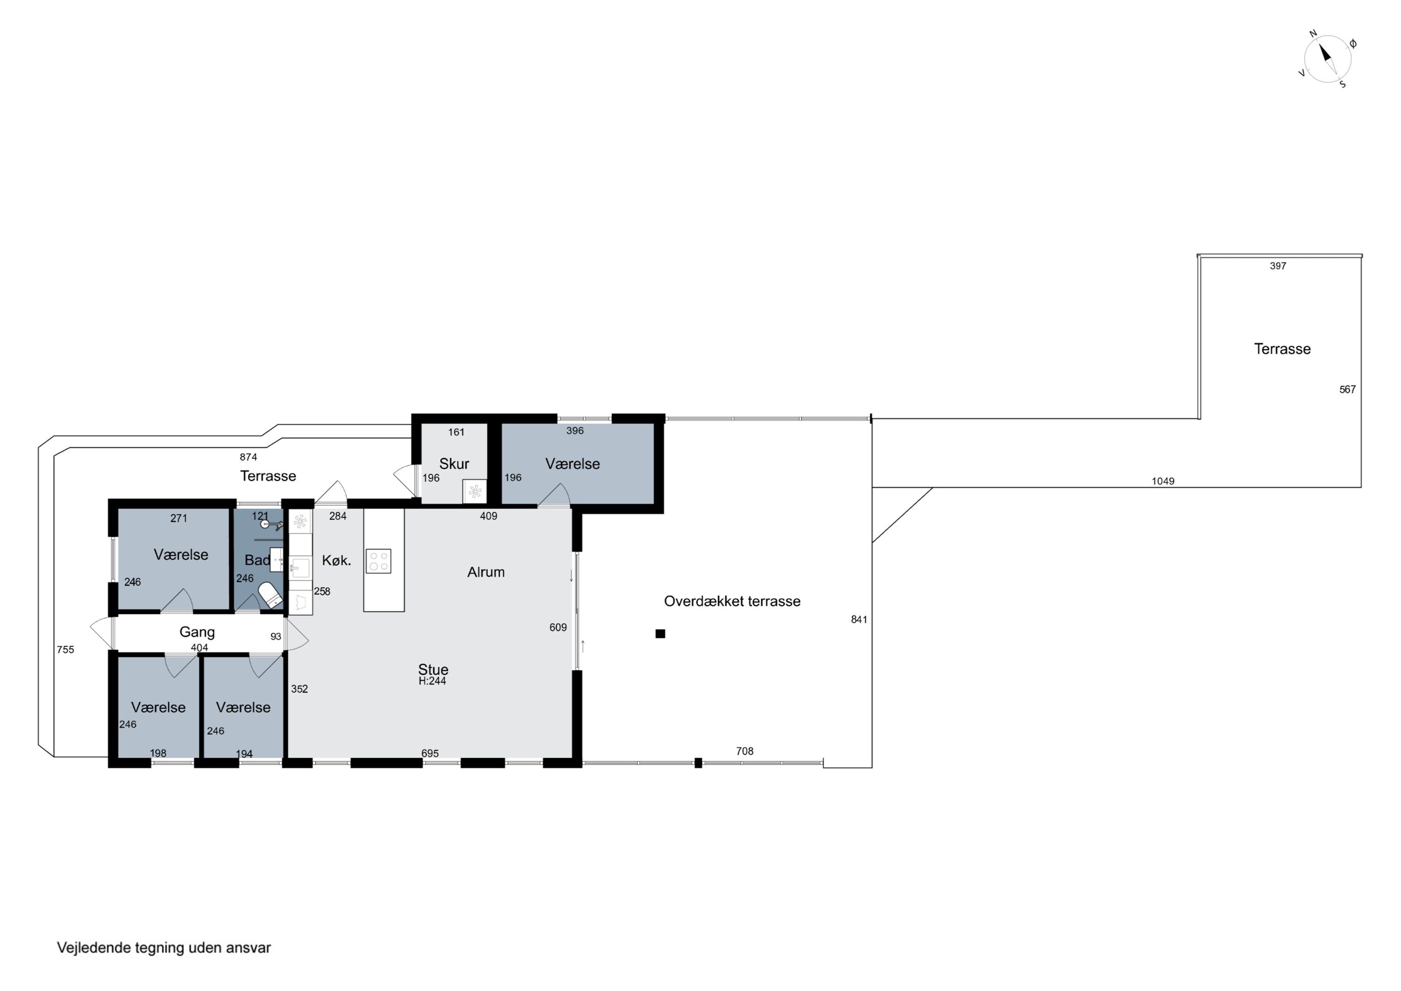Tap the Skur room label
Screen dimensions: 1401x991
[x=454, y=463]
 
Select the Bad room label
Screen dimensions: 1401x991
[x=257, y=560]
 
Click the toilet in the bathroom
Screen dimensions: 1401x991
[x=270, y=593]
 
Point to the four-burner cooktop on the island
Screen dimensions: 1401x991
[x=378, y=561]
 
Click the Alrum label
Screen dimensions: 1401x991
[x=486, y=572]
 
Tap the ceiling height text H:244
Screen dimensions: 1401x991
[x=432, y=681]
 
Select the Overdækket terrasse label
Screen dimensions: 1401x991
[x=732, y=601]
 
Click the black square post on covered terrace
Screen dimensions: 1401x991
[x=660, y=634]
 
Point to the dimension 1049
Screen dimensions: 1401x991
[x=1163, y=481]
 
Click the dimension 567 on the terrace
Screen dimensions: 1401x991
[x=1347, y=390]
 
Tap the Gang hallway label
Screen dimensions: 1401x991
[x=197, y=632]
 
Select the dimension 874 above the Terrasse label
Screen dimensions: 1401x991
[x=248, y=457]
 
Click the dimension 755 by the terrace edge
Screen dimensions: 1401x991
[x=65, y=649]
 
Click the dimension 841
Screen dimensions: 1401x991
[x=859, y=620]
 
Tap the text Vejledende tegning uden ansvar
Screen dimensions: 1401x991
[x=163, y=948]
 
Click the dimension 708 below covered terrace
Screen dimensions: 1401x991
[x=744, y=751]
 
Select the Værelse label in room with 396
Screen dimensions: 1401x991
[x=573, y=464]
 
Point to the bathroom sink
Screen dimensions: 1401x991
[x=276, y=560]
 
